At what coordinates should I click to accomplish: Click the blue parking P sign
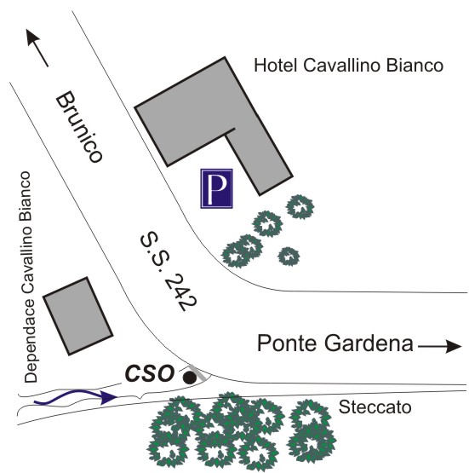(x=216, y=188)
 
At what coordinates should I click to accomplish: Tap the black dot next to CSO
(x=190, y=378)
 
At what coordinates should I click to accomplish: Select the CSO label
(x=150, y=374)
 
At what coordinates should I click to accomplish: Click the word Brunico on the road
(x=79, y=127)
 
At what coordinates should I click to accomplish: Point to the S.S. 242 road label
(x=169, y=271)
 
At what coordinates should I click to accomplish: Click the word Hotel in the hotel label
(x=276, y=65)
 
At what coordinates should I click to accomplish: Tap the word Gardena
(x=369, y=343)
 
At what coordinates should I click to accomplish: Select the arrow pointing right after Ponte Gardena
(x=440, y=346)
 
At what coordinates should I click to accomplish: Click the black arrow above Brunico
(x=37, y=48)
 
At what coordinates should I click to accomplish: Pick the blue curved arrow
(x=75, y=397)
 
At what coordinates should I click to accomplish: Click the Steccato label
(x=375, y=407)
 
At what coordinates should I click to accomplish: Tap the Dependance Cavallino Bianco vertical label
(x=28, y=277)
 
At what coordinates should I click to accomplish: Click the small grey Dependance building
(x=78, y=316)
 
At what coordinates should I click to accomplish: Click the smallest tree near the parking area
(x=289, y=257)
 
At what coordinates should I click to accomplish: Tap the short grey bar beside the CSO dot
(x=198, y=372)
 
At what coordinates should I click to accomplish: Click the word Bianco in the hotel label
(x=415, y=65)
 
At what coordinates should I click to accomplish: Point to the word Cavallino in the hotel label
(x=342, y=65)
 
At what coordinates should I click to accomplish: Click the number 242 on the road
(x=180, y=291)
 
